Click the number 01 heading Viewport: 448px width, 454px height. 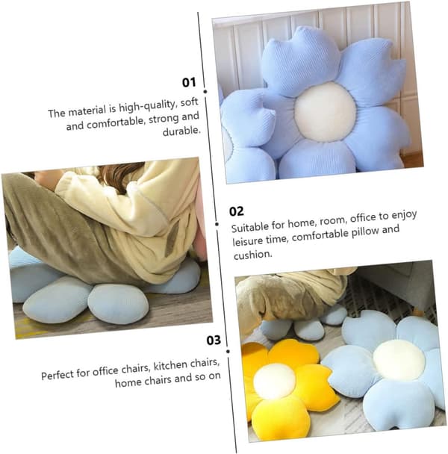tap(189, 83)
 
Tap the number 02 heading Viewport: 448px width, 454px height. tap(236, 211)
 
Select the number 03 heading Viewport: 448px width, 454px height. tap(214, 340)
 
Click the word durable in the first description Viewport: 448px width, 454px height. tap(181, 131)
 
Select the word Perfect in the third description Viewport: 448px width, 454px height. tap(59, 376)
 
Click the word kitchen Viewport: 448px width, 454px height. tap(171, 366)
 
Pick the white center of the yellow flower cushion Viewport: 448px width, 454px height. tap(274, 382)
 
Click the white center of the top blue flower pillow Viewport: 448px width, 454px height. tap(325, 111)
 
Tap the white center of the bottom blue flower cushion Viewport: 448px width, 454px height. tap(399, 360)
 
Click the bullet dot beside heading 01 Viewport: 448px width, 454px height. tap(205, 92)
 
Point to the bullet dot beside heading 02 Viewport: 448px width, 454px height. tap(217, 224)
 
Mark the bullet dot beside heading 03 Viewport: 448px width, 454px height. tap(228, 352)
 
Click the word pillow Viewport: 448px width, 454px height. tap(365, 232)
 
